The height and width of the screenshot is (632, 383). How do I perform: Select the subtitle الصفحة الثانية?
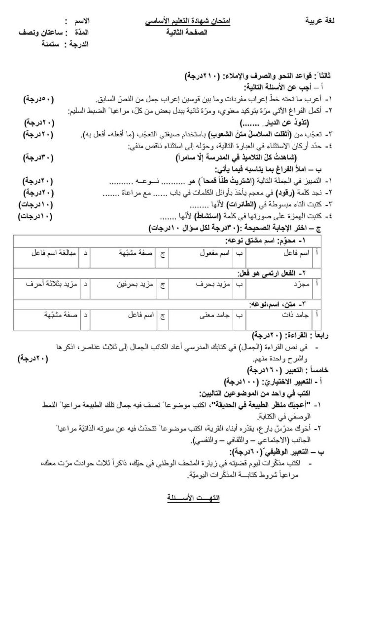click(187, 33)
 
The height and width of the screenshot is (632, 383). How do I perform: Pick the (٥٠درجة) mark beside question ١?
click(39, 99)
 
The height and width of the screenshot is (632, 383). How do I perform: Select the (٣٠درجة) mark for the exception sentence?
click(39, 158)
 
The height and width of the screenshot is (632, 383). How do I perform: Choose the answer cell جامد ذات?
click(298, 314)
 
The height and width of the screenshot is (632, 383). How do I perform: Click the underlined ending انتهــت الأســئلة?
click(193, 497)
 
